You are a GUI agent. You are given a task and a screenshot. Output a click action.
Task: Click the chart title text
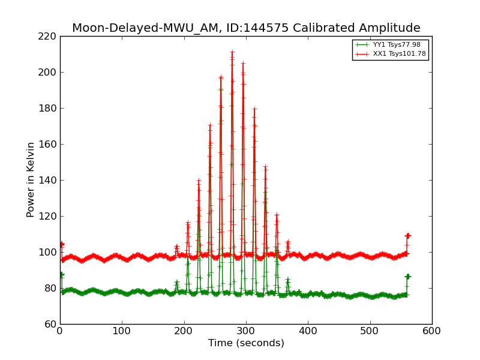246,28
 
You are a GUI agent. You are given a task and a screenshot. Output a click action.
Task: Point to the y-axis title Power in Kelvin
31,179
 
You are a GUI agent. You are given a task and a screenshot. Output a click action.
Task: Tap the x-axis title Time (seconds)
246,343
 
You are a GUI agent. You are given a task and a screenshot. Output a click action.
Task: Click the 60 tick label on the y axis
50,324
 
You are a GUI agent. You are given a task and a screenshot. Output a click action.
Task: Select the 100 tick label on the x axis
122,331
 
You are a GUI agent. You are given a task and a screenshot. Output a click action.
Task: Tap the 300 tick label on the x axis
246,331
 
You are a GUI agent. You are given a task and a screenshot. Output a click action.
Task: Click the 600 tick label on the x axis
431,331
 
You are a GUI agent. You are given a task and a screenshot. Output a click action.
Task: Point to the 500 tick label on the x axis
370,331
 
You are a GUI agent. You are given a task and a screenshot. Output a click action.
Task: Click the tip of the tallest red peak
232,52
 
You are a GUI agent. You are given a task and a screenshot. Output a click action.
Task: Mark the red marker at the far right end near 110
408,236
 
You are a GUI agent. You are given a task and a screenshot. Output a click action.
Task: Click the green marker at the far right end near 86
408,277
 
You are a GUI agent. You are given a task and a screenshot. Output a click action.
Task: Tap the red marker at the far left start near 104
62,244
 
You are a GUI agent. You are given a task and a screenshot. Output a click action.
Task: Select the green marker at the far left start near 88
61,275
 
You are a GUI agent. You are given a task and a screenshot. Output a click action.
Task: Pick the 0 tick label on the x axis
60,331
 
